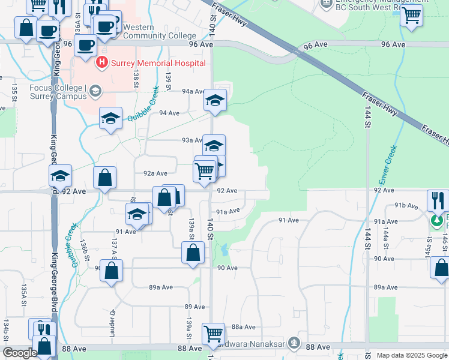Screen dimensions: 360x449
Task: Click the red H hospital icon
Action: pyautogui.click(x=101, y=62)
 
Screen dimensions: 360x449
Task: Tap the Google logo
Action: pyautogui.click(x=20, y=353)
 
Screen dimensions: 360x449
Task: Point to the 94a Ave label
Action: pyautogui.click(x=194, y=91)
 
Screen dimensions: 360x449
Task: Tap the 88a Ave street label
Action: pyautogui.click(x=244, y=327)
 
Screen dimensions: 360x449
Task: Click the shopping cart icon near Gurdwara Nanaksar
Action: pyautogui.click(x=214, y=334)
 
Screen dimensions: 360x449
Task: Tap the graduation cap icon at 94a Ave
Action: pyautogui.click(x=214, y=101)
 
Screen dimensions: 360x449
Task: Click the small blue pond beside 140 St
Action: pyautogui.click(x=223, y=250)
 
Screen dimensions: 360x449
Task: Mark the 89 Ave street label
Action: pyautogui.click(x=191, y=307)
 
